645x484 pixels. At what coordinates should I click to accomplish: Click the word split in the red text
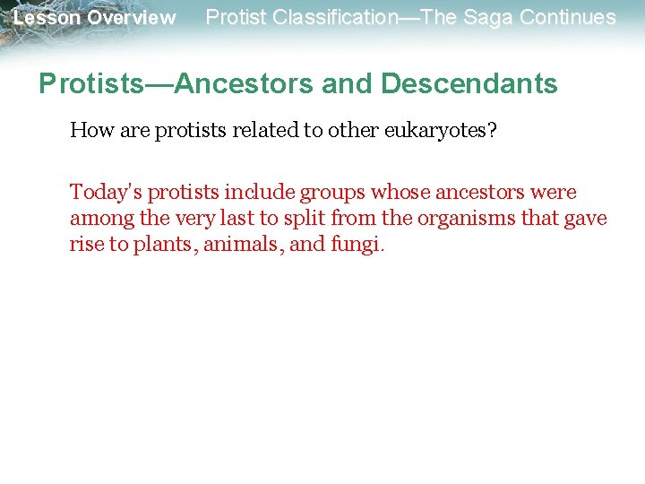coord(305,219)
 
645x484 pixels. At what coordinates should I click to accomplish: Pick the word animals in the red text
coord(238,245)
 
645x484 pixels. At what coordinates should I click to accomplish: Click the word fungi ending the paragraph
coord(357,245)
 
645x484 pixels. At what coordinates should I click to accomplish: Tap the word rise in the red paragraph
coord(87,245)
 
